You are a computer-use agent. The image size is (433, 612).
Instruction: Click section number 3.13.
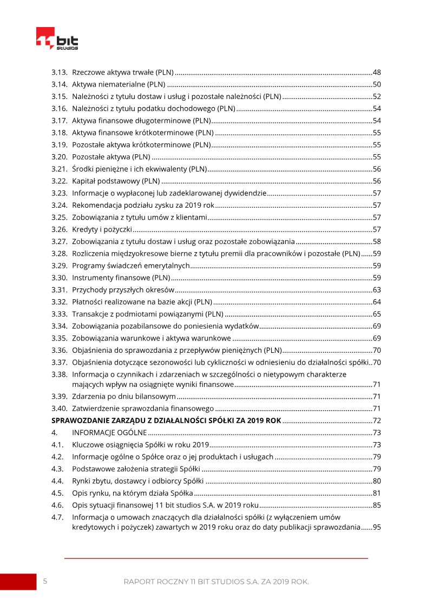click(59, 72)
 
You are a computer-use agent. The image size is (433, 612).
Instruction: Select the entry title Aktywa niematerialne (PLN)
click(119, 84)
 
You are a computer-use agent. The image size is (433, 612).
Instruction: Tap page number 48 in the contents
click(377, 72)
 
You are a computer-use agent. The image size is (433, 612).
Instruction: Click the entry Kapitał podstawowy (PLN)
click(116, 181)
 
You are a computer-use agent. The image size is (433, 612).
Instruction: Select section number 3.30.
click(59, 278)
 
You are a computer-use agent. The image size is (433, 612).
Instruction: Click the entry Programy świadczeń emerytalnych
click(131, 266)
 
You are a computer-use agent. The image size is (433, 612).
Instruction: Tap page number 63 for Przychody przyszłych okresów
click(377, 290)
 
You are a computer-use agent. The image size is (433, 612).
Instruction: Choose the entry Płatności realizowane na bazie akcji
click(142, 302)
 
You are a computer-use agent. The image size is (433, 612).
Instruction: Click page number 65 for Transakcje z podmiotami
click(377, 314)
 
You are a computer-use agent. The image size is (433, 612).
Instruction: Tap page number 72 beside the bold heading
click(377, 420)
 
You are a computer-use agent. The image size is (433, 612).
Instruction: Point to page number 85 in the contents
click(377, 505)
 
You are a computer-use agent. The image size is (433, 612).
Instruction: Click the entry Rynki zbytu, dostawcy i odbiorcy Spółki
click(137, 481)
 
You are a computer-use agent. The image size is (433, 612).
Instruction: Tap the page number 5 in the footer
click(45, 581)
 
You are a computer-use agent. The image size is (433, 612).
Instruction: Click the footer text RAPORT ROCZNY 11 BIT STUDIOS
click(216, 582)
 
